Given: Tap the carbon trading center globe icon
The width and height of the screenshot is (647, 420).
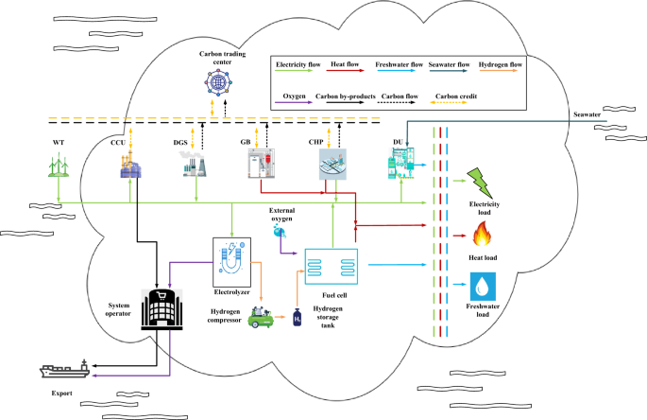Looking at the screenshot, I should [x=219, y=83].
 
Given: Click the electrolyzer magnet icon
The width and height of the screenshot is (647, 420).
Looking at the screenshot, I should [x=230, y=257].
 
